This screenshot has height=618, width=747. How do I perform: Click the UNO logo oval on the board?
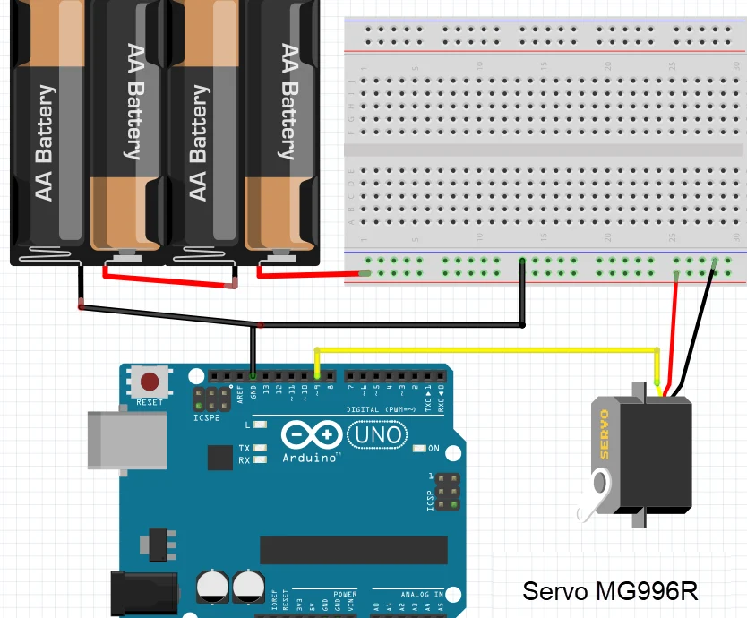[x=376, y=435]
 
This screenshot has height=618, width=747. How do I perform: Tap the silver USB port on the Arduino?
[x=125, y=440]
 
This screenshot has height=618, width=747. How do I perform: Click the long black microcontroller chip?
[x=353, y=550]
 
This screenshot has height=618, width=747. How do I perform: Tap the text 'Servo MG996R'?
[x=610, y=591]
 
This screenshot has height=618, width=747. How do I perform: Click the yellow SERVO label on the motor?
[x=605, y=434]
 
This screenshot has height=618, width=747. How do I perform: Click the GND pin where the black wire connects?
[x=253, y=375]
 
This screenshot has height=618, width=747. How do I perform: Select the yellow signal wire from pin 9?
[x=484, y=349]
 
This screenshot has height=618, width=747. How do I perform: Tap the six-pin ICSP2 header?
[x=211, y=399]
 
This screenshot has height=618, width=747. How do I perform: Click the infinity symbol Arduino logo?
[x=311, y=435]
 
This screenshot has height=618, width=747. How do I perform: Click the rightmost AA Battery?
[x=285, y=134]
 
